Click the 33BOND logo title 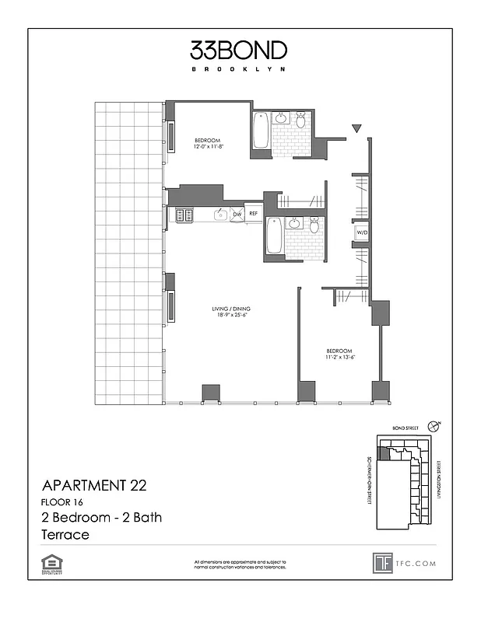coord(239,51)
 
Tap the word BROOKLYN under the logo coord(239,69)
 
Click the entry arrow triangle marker coord(356,128)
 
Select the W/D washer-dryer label coord(362,232)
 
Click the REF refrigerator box coord(253,212)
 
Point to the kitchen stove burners coord(184,215)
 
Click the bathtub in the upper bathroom coord(260,131)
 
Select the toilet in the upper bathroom coord(300,121)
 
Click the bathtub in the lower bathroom coord(273,236)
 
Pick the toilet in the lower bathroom coord(314,225)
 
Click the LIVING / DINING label coord(230,309)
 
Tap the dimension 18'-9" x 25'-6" coord(230,316)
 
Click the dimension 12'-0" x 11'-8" coord(209,147)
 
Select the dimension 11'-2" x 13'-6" coord(339,358)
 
